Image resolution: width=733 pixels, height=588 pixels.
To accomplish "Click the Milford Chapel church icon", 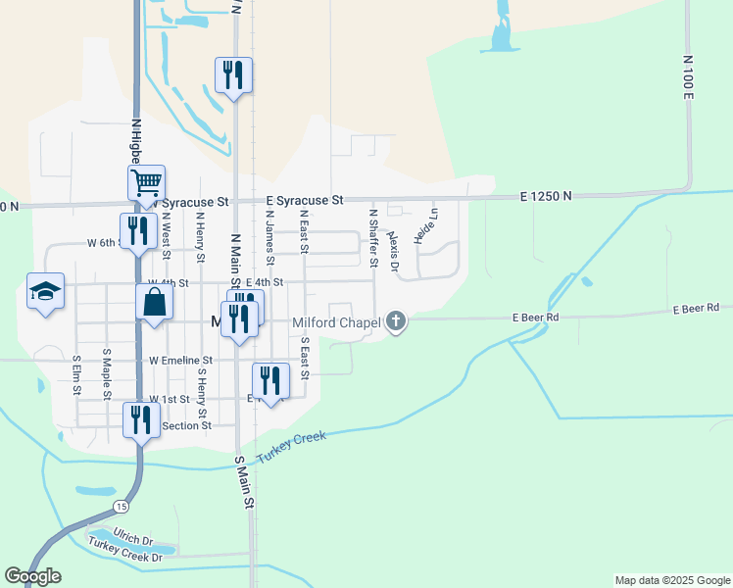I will pos(396,321).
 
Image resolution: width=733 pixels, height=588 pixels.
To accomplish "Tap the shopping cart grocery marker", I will pos(146,182).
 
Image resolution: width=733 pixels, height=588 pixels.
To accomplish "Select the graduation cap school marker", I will pos(46,291).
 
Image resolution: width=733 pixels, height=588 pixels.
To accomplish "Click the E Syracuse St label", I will pos(304,200).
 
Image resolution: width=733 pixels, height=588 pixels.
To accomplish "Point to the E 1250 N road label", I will pos(547,197).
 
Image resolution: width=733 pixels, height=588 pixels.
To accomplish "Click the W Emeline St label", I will pos(180,361).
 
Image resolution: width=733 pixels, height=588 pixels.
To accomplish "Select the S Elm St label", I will pos(76,375).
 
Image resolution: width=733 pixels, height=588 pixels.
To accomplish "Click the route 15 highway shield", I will pos(120,506).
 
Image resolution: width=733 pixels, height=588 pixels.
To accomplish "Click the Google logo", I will pos(32,576).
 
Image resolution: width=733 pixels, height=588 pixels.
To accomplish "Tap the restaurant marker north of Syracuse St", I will pos(233,74).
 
